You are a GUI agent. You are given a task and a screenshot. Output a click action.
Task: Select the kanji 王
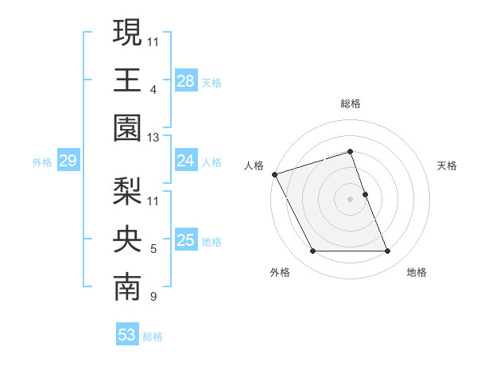click(x=128, y=80)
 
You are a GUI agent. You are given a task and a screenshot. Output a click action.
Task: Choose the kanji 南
click(x=128, y=288)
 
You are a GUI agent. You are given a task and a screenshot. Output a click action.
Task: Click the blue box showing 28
click(x=186, y=80)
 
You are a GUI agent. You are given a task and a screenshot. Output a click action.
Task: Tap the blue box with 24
click(x=186, y=161)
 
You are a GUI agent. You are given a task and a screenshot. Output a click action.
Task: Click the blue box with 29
click(x=68, y=162)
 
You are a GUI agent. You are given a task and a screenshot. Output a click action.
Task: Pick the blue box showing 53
click(x=127, y=335)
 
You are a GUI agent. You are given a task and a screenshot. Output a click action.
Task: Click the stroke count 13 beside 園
click(x=153, y=138)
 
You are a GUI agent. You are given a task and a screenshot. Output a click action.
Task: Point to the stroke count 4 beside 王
click(x=153, y=90)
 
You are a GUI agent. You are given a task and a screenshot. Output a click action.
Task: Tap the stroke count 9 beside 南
click(x=153, y=298)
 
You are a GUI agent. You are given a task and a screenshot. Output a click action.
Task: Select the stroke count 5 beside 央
click(x=153, y=250)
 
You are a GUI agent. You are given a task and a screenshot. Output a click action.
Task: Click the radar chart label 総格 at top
click(x=351, y=103)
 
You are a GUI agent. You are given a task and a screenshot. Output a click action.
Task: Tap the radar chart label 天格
click(x=447, y=166)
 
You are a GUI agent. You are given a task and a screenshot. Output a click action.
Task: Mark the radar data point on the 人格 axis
click(x=275, y=174)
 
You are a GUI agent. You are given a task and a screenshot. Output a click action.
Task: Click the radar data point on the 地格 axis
click(x=388, y=251)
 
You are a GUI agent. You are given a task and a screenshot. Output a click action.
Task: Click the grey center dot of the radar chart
click(x=351, y=199)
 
